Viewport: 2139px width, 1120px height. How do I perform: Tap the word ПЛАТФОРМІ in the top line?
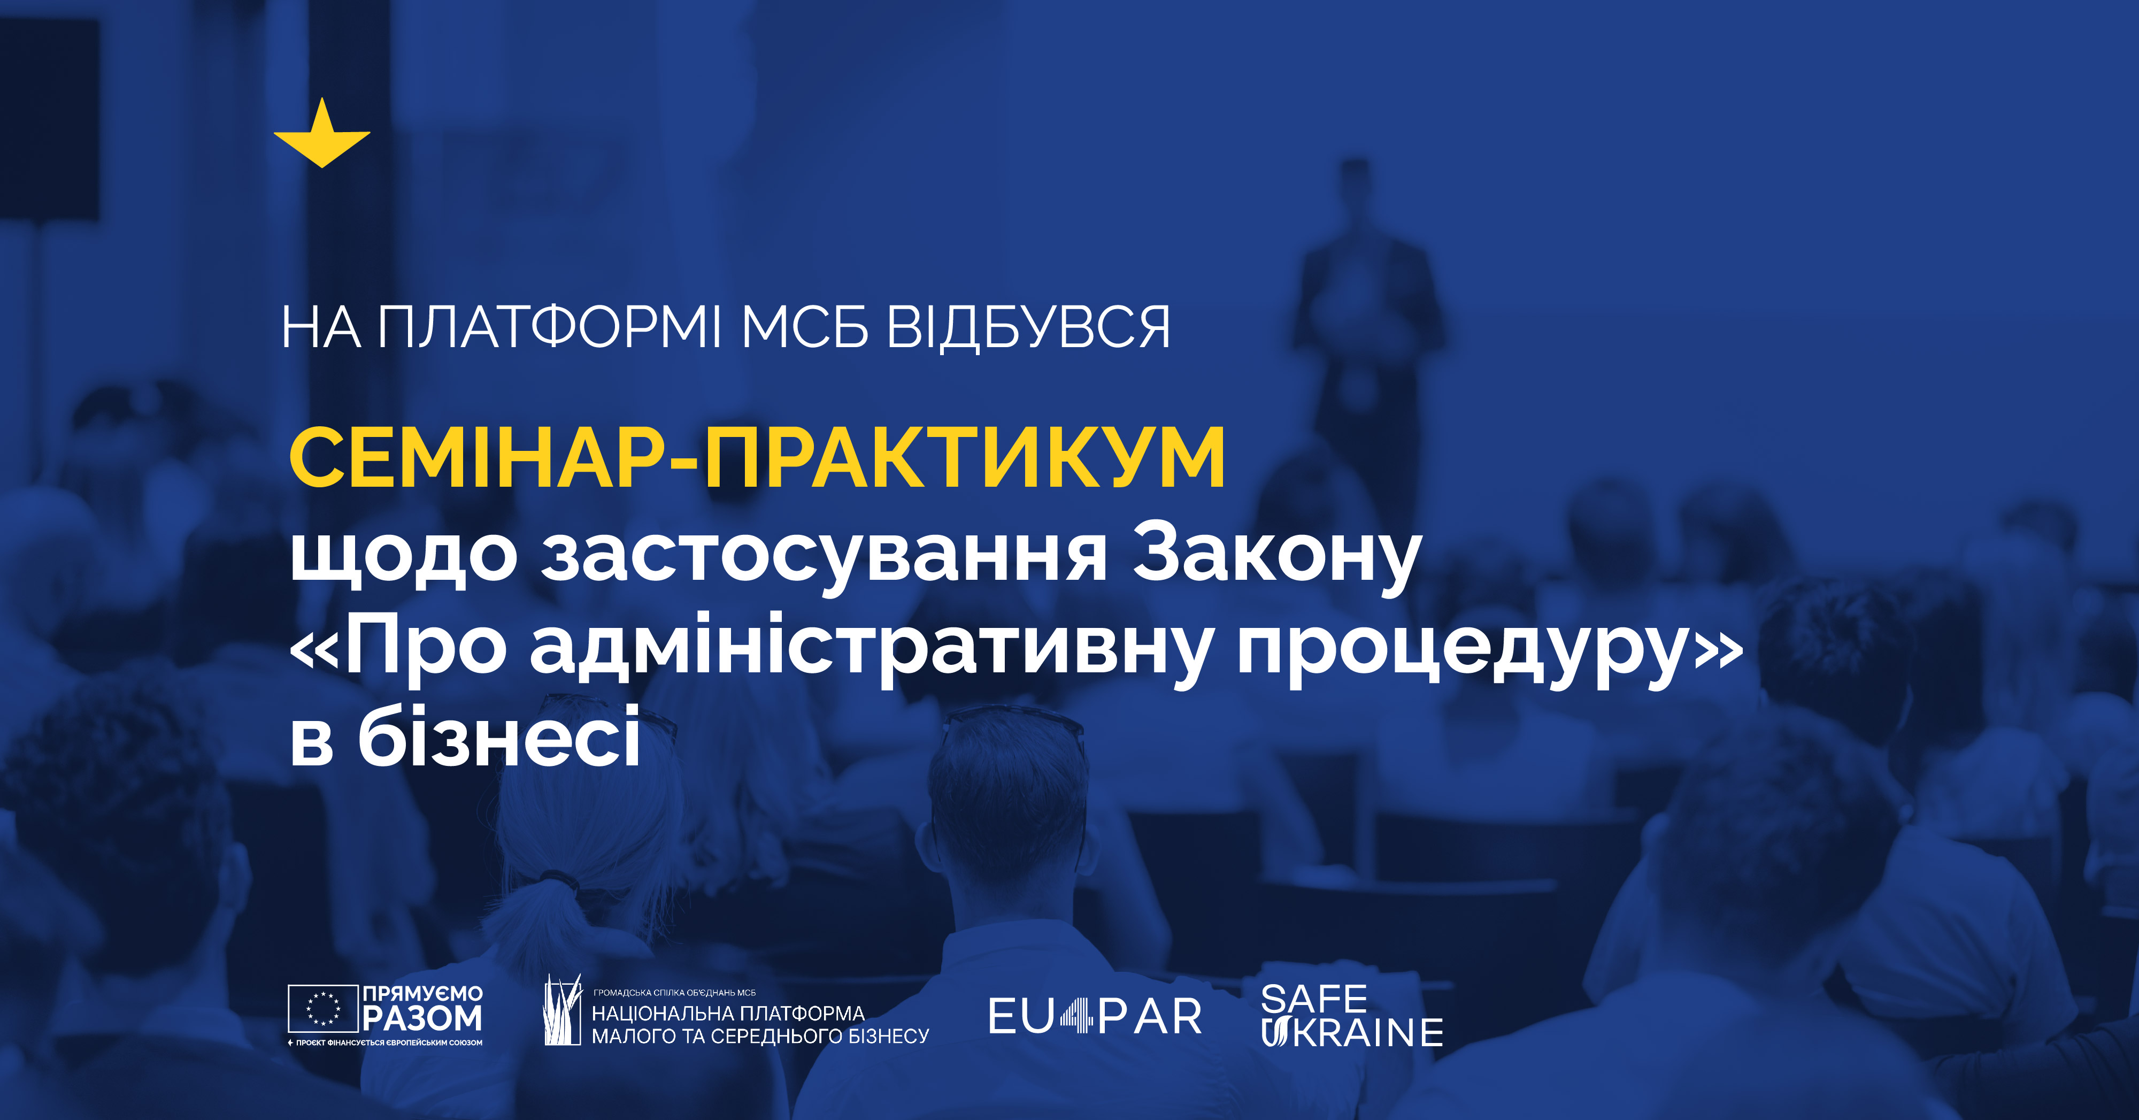(x=550, y=327)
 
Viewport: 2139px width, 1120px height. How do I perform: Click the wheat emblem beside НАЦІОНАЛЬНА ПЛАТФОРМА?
(x=562, y=1010)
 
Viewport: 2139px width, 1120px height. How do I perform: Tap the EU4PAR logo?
(x=1095, y=1016)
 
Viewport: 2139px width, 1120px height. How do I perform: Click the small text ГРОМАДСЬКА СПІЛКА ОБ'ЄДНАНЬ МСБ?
(x=674, y=992)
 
